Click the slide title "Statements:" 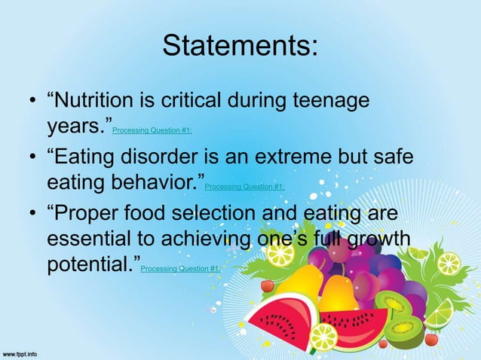[240, 46]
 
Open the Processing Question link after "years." [152, 130]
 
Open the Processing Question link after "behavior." [244, 187]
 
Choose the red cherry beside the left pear [267, 286]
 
